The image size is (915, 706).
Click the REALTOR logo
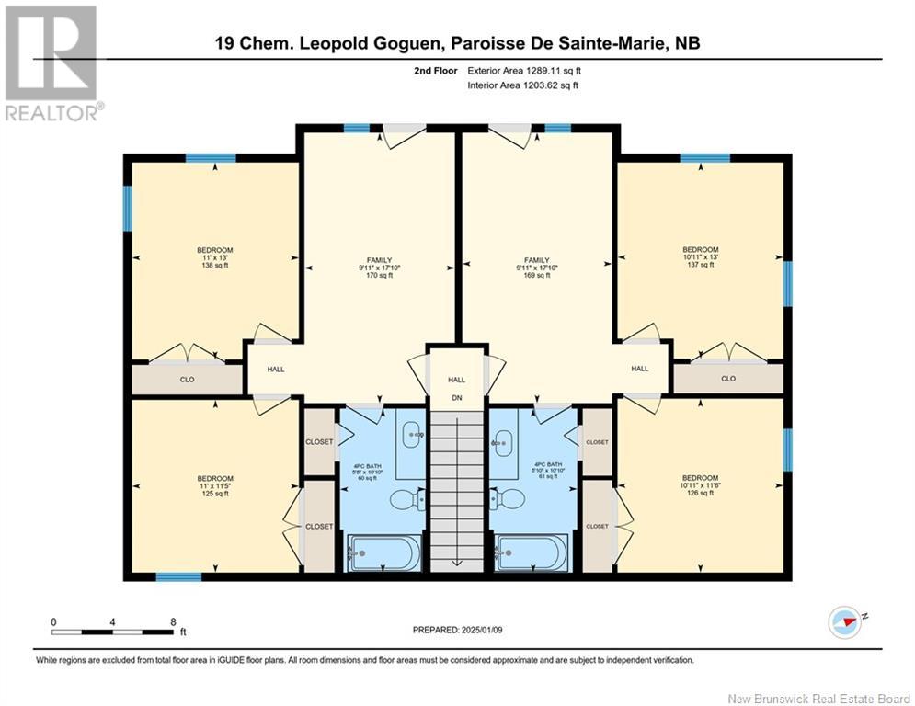pyautogui.click(x=51, y=63)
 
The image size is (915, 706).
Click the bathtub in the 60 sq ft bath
pyautogui.click(x=383, y=553)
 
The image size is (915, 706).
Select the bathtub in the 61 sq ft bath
pyautogui.click(x=532, y=553)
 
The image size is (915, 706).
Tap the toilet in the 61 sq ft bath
pyautogui.click(x=509, y=500)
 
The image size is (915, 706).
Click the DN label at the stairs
pyautogui.click(x=457, y=398)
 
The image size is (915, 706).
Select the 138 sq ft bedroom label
pyautogui.click(x=214, y=257)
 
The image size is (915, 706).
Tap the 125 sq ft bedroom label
pyautogui.click(x=214, y=485)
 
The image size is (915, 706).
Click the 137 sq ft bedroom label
pyautogui.click(x=700, y=256)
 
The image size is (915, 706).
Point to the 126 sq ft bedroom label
pyautogui.click(x=700, y=485)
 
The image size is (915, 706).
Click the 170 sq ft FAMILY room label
pyautogui.click(x=380, y=268)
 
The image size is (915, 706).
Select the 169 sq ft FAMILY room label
pyautogui.click(x=536, y=268)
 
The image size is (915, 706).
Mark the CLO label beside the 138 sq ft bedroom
pyautogui.click(x=187, y=378)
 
